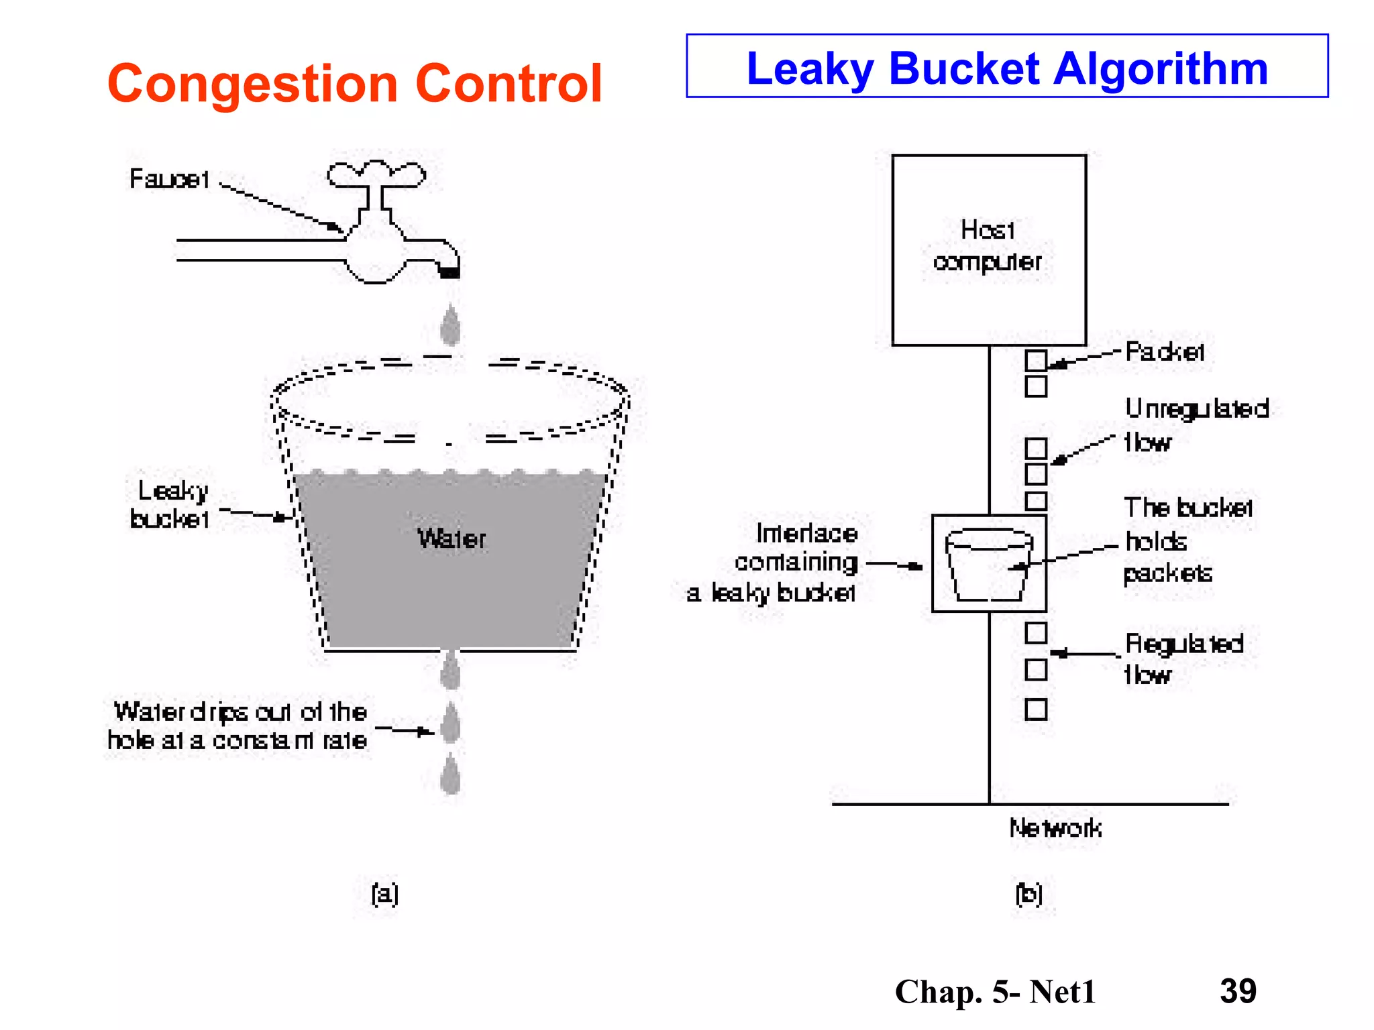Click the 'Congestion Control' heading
[354, 83]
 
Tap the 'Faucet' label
[169, 179]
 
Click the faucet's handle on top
[376, 174]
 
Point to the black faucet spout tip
[449, 272]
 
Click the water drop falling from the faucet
[450, 325]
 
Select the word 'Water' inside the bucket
[452, 538]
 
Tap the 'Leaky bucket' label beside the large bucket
[170, 504]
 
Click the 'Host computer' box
[988, 249]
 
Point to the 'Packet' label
[1164, 351]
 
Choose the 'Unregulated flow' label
[1196, 425]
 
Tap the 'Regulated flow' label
[1183, 659]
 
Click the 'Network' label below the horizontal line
[1055, 828]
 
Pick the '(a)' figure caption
[385, 893]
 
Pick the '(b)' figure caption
[1028, 893]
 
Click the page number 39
[1238, 990]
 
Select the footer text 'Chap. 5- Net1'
[995, 992]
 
